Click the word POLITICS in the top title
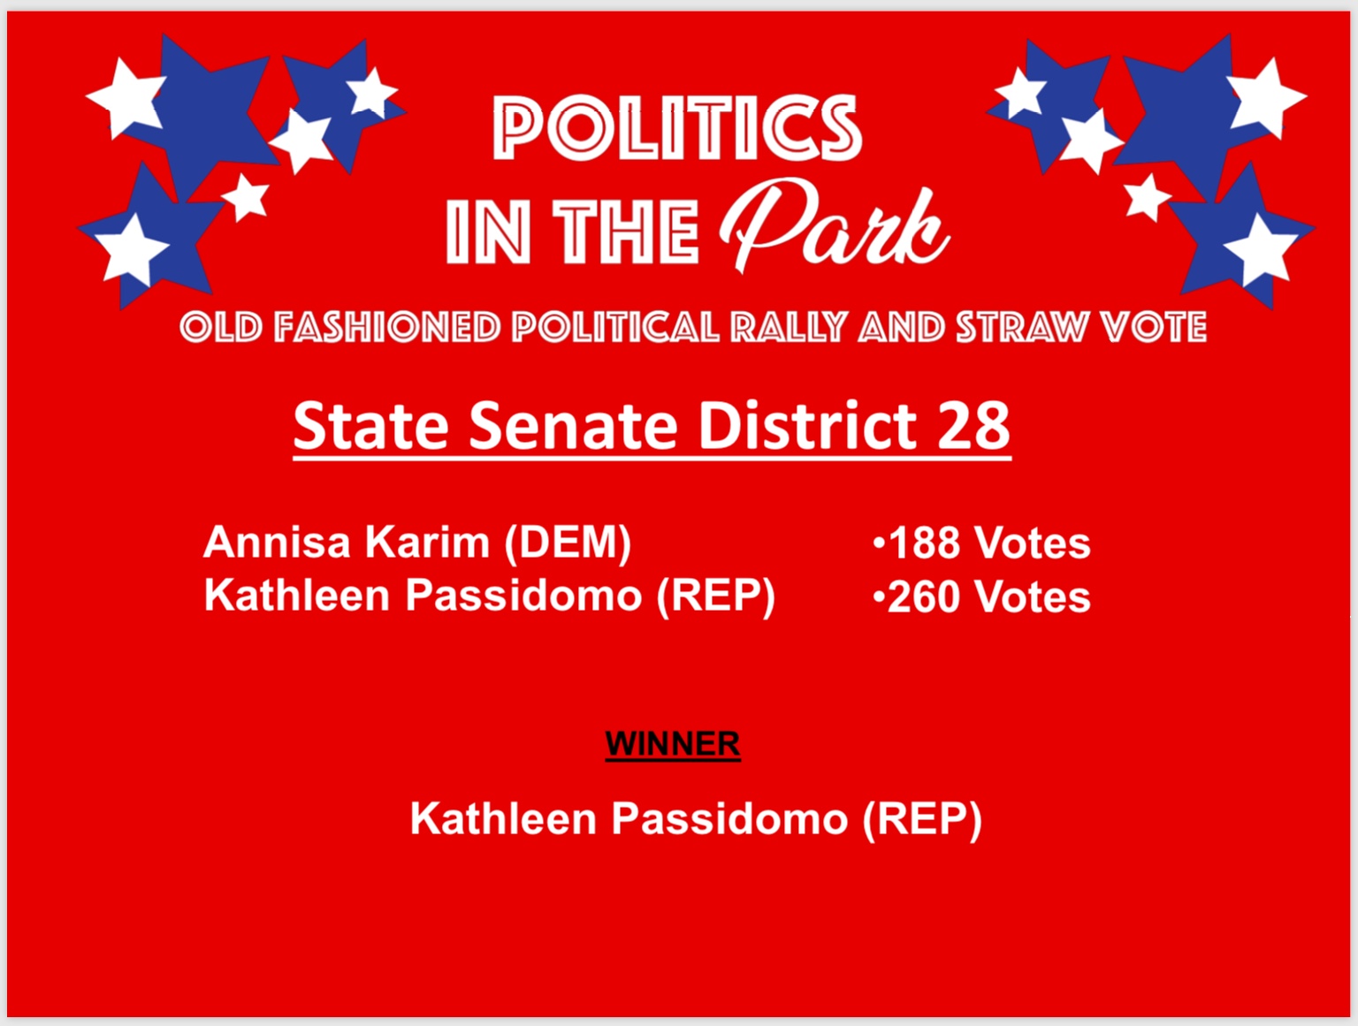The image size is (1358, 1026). tap(677, 128)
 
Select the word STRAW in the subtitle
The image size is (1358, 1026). tap(1021, 327)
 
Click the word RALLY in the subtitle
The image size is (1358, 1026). tap(788, 327)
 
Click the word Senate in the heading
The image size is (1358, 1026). tap(573, 425)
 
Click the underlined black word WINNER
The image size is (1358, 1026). tap(673, 744)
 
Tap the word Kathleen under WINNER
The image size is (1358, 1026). tap(504, 818)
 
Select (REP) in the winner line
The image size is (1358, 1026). tap(922, 819)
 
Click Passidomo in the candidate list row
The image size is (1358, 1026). tap(523, 596)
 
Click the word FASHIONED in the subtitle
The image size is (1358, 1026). tap(387, 327)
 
